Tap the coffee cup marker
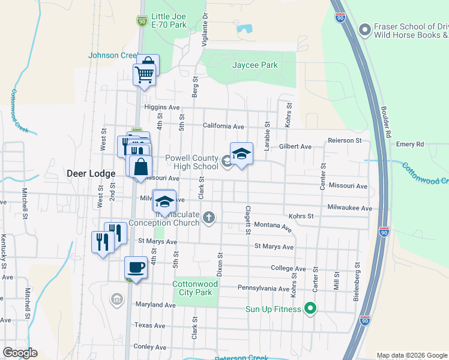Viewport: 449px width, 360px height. [136, 267]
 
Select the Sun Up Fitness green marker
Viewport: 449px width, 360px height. [310, 310]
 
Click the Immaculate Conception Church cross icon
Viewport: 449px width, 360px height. [209, 217]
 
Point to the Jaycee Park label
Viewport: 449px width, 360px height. [255, 65]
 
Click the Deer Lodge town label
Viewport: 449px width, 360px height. [91, 173]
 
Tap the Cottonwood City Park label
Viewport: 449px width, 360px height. [192, 289]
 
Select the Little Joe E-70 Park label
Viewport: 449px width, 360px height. [169, 21]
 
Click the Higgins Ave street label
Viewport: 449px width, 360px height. [162, 107]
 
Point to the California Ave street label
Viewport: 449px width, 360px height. [223, 127]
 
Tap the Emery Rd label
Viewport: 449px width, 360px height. [411, 144]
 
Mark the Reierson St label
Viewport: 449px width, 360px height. [345, 140]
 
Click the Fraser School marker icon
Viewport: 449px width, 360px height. [363, 30]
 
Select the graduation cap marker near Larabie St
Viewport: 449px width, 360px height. [241, 154]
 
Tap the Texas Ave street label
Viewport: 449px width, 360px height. [149, 325]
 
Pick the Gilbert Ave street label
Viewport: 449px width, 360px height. [295, 146]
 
